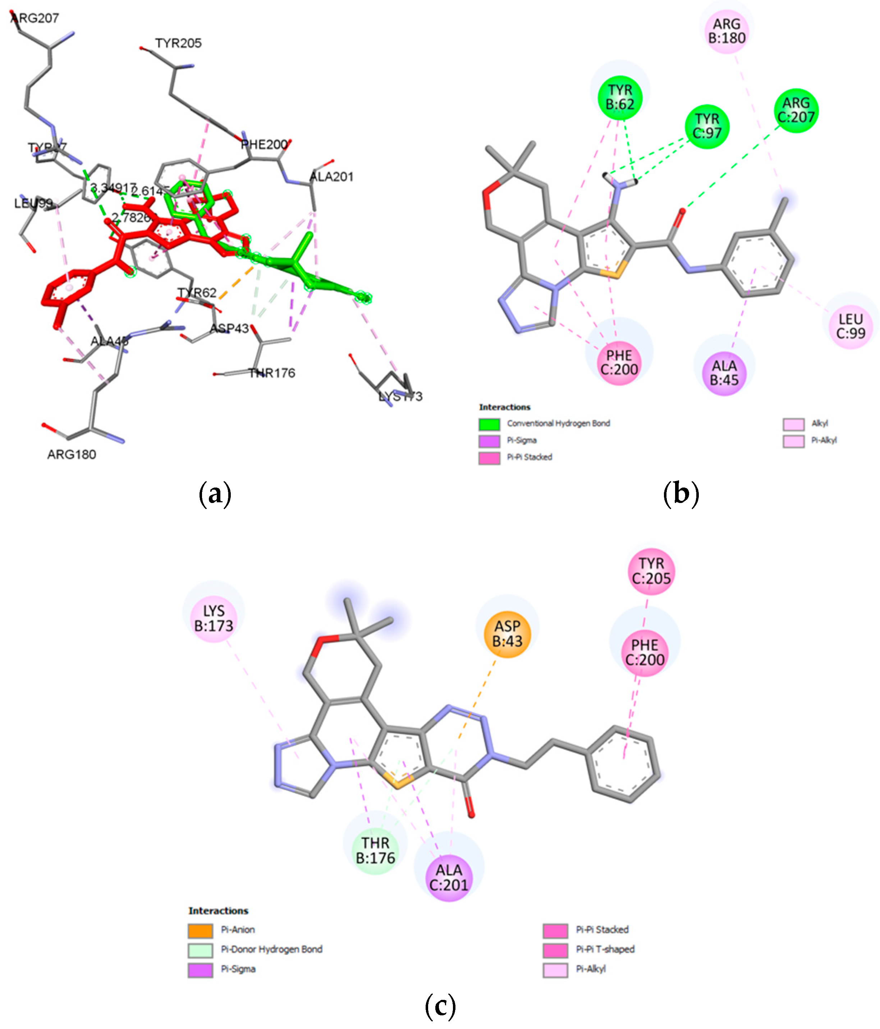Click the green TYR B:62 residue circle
click(620, 97)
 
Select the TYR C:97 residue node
click(707, 126)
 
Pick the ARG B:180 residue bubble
click(727, 31)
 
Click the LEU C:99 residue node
click(850, 326)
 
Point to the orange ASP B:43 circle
click(507, 634)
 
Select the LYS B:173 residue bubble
click(214, 618)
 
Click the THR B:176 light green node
click(375, 850)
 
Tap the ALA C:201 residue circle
click(448, 877)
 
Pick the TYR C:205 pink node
click(651, 571)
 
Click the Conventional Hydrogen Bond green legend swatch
click(489, 424)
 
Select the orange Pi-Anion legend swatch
click(200, 930)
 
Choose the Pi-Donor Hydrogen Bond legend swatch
click(200, 950)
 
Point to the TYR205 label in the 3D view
click(178, 43)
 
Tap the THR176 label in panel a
click(272, 373)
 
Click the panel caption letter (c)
click(440, 1006)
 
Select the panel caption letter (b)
click(681, 494)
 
